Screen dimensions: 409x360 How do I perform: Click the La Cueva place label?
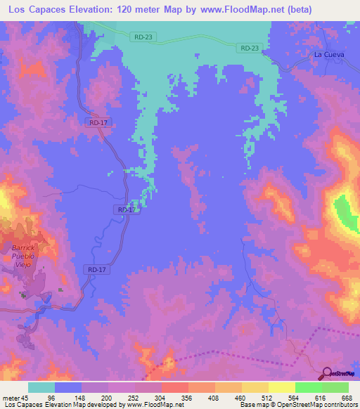(328, 54)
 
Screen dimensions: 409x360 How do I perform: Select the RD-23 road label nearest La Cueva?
(249, 48)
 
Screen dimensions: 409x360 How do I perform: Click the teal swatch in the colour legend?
(41, 387)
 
